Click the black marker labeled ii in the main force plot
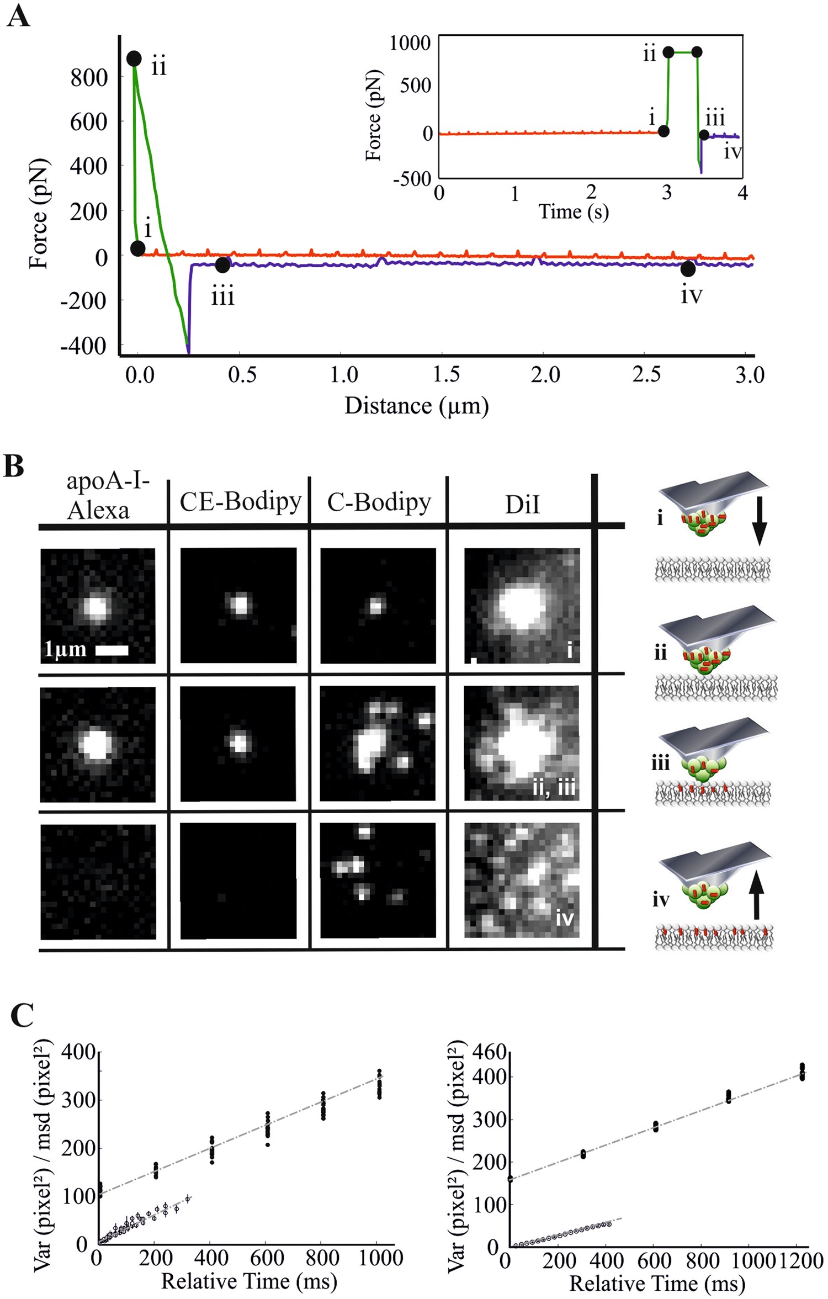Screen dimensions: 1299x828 [x=134, y=59]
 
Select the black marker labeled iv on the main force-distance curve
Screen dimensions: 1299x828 [x=688, y=269]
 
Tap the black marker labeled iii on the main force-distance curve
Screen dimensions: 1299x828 [x=222, y=265]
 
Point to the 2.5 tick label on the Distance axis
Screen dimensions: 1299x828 [x=646, y=375]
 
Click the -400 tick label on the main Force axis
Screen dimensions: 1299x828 [x=83, y=346]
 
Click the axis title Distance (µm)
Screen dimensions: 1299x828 [x=417, y=406]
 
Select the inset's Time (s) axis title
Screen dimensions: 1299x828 [x=574, y=211]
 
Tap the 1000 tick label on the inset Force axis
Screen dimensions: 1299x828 [x=410, y=43]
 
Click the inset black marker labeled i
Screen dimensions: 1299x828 [x=664, y=131]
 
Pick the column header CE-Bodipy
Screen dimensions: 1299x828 [x=241, y=502]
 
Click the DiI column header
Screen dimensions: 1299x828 [x=522, y=505]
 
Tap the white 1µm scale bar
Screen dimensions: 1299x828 [x=112, y=650]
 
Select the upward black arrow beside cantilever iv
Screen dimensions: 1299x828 [x=757, y=898]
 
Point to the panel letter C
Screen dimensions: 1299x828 [x=22, y=1015]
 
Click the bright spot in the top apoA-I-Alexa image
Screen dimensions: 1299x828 [x=97, y=607]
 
